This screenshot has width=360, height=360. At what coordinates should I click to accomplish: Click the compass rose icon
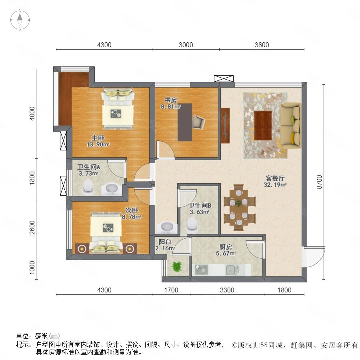click(x=20, y=20)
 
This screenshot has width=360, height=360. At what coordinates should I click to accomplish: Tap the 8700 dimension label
click(x=319, y=182)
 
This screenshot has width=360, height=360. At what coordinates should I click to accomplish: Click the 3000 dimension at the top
click(x=186, y=45)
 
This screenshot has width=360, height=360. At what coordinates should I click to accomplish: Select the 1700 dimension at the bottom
click(x=171, y=290)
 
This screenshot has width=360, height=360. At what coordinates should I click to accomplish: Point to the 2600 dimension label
click(x=32, y=228)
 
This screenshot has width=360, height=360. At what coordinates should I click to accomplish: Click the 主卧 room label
click(x=98, y=138)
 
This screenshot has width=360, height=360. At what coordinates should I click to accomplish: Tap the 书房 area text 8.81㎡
click(x=170, y=106)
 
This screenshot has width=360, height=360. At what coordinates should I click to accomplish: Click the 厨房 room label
click(x=226, y=247)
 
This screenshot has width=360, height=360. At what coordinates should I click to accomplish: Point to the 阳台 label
click(x=165, y=242)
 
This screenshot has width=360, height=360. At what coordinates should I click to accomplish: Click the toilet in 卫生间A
click(x=88, y=186)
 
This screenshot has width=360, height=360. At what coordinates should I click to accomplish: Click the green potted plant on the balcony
click(x=176, y=267)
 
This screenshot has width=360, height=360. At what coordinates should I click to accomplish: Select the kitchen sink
click(x=232, y=270)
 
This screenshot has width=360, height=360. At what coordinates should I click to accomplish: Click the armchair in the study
click(x=198, y=122)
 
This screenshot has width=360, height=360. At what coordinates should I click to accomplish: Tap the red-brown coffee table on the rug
click(x=263, y=125)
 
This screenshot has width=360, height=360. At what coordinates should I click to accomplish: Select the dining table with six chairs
click(x=240, y=207)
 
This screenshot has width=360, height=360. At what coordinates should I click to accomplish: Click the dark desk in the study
click(x=185, y=122)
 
